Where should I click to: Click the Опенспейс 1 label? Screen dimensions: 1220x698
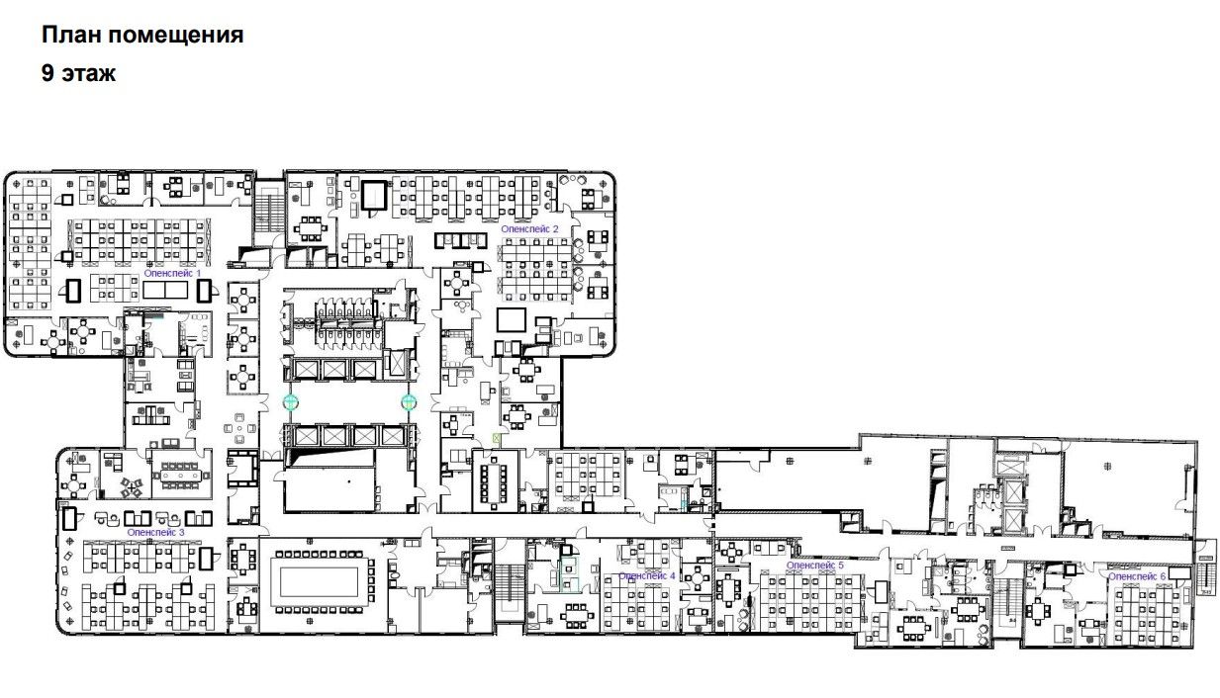(172, 273)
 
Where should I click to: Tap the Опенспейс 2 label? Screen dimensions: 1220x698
(529, 229)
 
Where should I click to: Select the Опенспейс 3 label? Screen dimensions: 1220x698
(155, 532)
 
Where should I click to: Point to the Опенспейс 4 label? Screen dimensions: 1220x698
(646, 575)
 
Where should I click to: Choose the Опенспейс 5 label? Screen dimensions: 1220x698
(814, 566)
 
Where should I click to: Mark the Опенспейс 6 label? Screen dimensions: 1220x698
(1137, 576)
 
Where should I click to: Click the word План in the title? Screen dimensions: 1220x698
(71, 35)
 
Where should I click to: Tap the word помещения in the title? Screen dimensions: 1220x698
(175, 36)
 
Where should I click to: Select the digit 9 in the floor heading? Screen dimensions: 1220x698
(47, 73)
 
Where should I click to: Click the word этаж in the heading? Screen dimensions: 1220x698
(88, 74)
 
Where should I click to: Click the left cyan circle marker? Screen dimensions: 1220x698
(290, 402)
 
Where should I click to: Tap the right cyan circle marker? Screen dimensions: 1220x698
(409, 402)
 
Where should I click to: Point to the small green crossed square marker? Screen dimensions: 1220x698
(496, 437)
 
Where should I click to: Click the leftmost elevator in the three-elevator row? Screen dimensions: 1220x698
(306, 370)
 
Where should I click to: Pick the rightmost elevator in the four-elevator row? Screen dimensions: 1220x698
(392, 436)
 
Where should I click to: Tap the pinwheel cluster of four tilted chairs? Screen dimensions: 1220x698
(132, 486)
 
